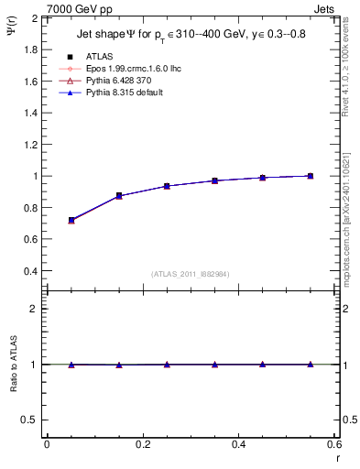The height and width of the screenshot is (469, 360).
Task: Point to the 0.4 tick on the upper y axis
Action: point(31,271)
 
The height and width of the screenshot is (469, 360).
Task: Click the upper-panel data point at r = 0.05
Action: point(71,220)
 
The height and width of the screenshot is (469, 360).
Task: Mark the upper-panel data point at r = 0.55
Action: point(310,176)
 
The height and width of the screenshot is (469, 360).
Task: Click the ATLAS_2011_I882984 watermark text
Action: point(191,273)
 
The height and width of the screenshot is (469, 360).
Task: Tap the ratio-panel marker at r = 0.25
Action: point(167,364)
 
